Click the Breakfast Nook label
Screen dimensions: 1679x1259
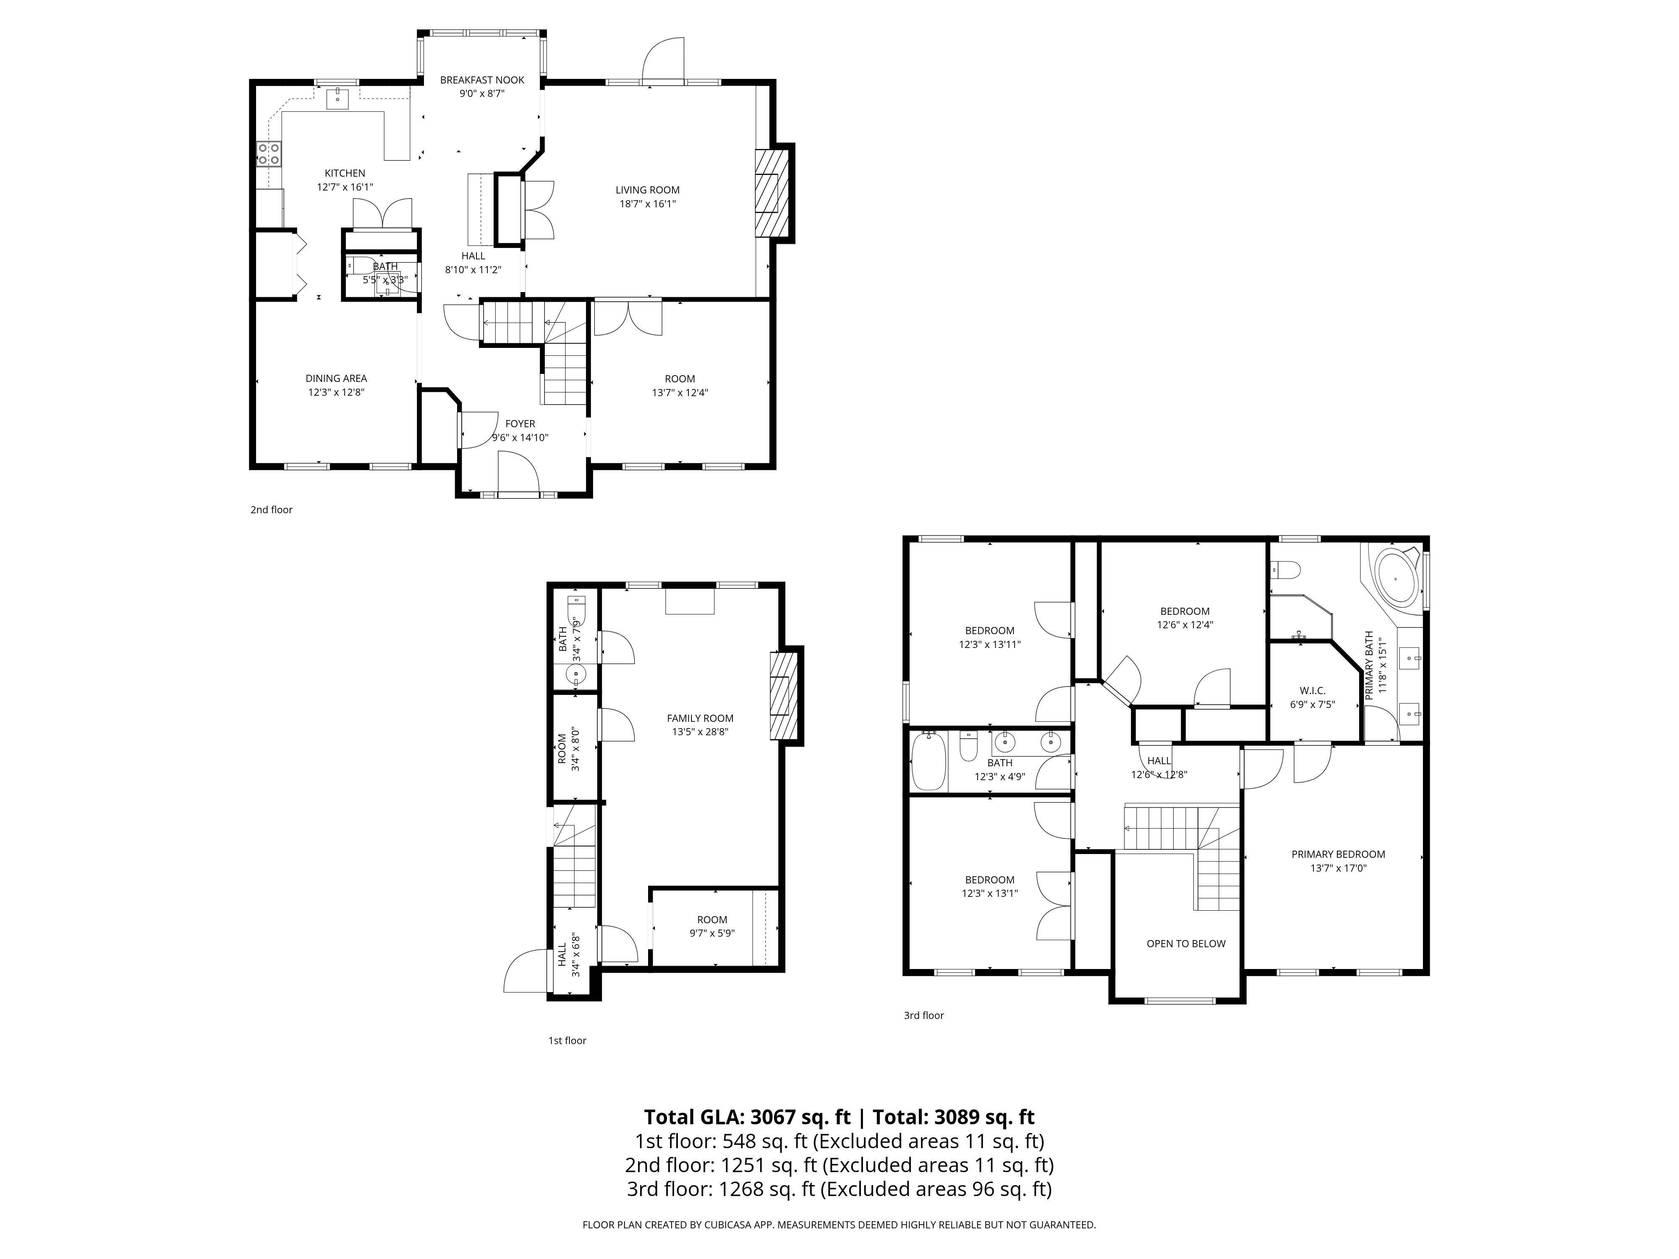(482, 80)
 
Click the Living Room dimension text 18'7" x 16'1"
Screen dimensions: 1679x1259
(647, 204)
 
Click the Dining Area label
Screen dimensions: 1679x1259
(336, 379)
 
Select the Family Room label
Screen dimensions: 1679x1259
(700, 718)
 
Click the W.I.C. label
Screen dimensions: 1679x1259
(1313, 691)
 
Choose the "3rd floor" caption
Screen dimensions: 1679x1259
(924, 1016)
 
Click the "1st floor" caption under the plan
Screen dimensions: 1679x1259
(567, 1040)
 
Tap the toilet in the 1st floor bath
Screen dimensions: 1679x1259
(578, 609)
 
